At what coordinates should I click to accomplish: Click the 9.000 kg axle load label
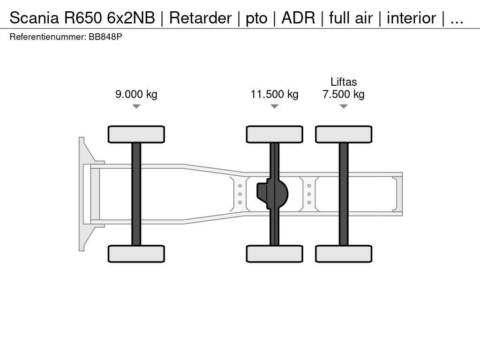tap(136, 94)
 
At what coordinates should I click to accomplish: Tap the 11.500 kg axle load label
tap(275, 94)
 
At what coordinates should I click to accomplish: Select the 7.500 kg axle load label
tap(344, 94)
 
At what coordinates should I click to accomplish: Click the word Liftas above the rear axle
tap(344, 82)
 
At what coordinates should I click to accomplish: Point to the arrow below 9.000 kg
tap(136, 106)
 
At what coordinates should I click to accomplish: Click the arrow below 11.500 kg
tap(275, 106)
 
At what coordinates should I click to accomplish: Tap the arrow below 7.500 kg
tap(344, 106)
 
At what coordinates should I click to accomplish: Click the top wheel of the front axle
tap(136, 134)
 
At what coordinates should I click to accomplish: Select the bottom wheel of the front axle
tap(136, 254)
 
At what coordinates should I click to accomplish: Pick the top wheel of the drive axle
tap(275, 134)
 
